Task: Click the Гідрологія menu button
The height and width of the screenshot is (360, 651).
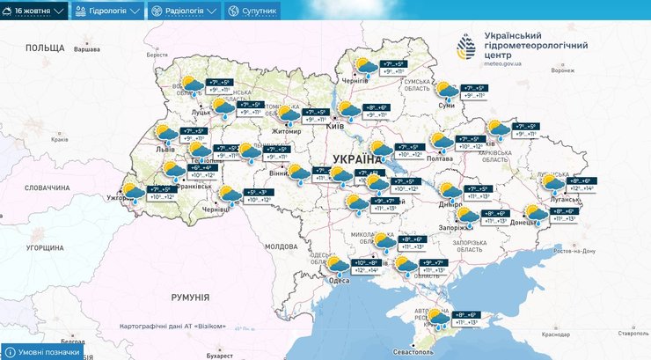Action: pyautogui.click(x=107, y=11)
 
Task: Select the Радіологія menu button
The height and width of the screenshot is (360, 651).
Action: pyautogui.click(x=182, y=11)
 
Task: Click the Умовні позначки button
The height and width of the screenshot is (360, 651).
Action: pyautogui.click(x=43, y=351)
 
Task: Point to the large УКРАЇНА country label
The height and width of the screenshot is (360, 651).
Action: pyautogui.click(x=358, y=159)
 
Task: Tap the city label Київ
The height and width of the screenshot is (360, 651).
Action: pyautogui.click(x=334, y=127)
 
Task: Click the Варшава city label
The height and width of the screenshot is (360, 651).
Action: pyautogui.click(x=85, y=50)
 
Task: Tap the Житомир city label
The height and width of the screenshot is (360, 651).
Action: pyautogui.click(x=286, y=131)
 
